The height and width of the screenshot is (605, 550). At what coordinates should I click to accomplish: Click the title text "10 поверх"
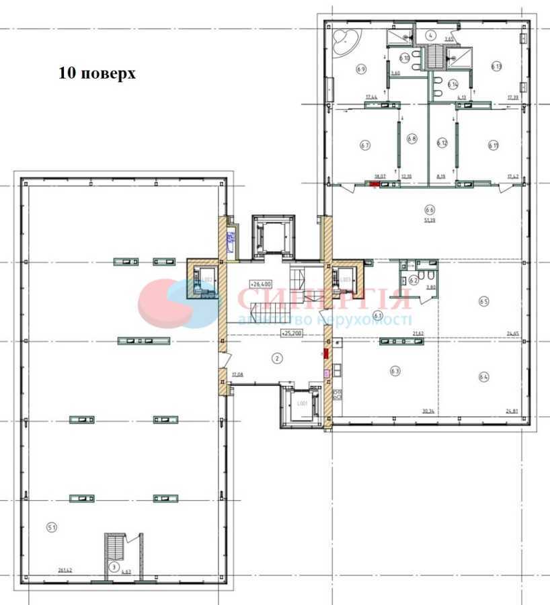point(97,73)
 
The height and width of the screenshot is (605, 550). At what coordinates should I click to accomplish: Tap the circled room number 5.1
point(52,527)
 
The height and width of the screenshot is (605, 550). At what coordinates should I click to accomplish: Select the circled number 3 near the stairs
point(114,567)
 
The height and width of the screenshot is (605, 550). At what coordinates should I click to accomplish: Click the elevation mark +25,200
point(291,332)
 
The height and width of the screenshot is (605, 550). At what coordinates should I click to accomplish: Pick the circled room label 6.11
point(493,144)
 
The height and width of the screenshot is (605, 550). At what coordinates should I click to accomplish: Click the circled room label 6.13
point(496,66)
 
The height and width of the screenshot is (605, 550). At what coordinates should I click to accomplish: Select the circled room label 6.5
point(483,302)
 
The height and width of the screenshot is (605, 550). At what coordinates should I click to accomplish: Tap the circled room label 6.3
point(395,370)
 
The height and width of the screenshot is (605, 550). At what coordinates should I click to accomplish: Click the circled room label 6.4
point(483,377)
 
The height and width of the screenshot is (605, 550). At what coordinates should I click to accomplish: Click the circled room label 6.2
point(414,280)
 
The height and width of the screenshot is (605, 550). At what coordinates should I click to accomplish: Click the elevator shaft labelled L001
point(302,404)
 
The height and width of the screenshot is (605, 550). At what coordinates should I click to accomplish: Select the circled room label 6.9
point(361,69)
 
